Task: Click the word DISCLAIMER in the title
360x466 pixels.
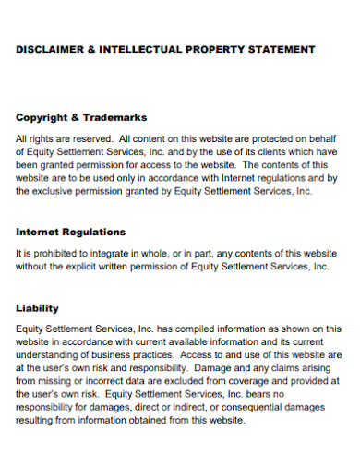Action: click(x=49, y=49)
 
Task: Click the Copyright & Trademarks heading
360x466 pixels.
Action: click(x=81, y=118)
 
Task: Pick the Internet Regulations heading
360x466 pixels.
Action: click(x=71, y=232)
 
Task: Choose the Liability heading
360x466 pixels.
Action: click(x=38, y=308)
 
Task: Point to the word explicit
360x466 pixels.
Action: click(x=97, y=266)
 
